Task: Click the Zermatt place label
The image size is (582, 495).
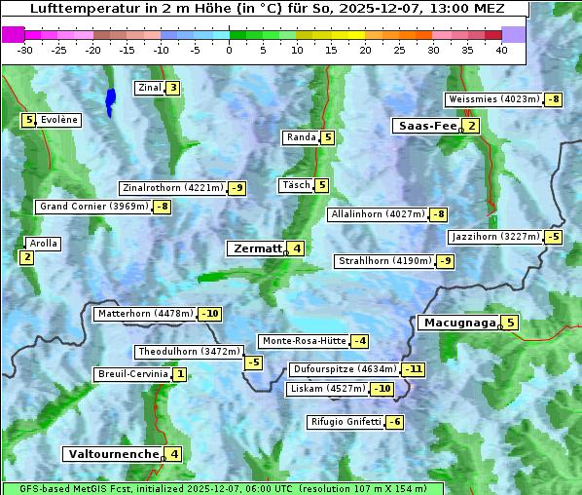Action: (x=256, y=248)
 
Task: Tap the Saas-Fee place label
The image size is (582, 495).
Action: (x=426, y=126)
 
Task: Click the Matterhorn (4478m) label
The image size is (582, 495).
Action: (x=145, y=314)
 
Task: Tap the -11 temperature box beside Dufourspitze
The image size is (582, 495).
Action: (x=415, y=370)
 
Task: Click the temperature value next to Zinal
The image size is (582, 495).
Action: (x=172, y=88)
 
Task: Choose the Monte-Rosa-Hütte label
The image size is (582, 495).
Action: (x=303, y=341)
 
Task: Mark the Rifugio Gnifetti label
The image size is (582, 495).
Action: (x=346, y=422)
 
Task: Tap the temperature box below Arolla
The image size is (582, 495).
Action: (x=26, y=257)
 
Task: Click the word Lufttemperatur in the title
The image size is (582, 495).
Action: (x=75, y=9)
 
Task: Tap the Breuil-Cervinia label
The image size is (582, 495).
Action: (x=132, y=374)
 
